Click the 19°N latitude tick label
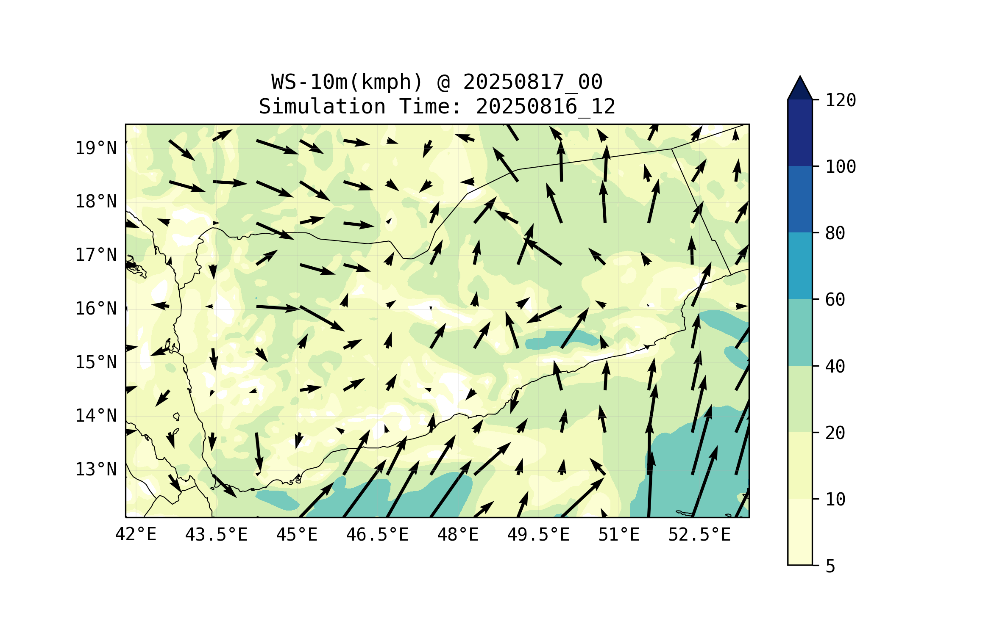pyautogui.click(x=96, y=148)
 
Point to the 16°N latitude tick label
pyautogui.click(x=96, y=309)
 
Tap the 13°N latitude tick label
pyautogui.click(x=96, y=469)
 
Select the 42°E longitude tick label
pyautogui.click(x=136, y=535)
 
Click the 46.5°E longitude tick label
pyautogui.click(x=377, y=535)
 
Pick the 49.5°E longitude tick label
pyautogui.click(x=538, y=535)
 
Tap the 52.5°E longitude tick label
pyautogui.click(x=699, y=535)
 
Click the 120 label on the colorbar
pyautogui.click(x=841, y=100)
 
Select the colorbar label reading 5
pyautogui.click(x=830, y=566)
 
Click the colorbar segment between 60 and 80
pyautogui.click(x=800, y=265)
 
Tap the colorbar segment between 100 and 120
pyautogui.click(x=800, y=133)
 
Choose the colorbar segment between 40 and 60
pyautogui.click(x=800, y=332)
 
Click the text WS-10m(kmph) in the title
pyautogui.click(x=347, y=82)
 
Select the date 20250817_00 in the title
pyautogui.click(x=532, y=82)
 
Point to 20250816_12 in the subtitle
pyautogui.click(x=546, y=107)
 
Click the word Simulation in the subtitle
pyautogui.click(x=322, y=107)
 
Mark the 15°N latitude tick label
pyautogui.click(x=96, y=362)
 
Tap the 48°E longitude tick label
pyautogui.click(x=458, y=535)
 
